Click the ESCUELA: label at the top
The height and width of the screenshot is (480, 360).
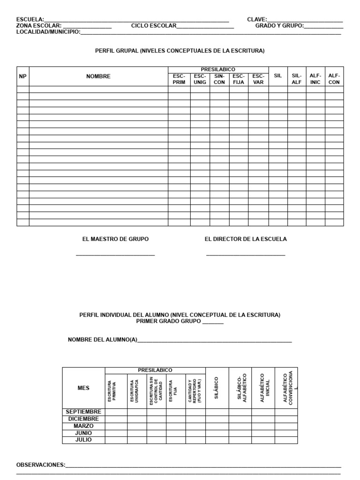point(30,20)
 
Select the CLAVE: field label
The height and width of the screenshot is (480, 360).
point(257,20)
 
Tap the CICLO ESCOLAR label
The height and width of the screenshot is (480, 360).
point(154,26)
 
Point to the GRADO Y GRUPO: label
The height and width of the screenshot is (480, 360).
point(279,26)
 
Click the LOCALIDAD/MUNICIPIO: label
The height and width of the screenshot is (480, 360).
point(48,32)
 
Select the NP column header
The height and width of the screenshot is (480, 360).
point(22,76)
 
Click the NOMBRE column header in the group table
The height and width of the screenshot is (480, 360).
point(98,76)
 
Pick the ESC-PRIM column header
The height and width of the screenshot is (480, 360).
point(179,79)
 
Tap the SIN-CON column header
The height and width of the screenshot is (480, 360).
point(219,79)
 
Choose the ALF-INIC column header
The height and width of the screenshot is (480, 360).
point(315,79)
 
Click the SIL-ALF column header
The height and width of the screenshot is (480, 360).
point(296,79)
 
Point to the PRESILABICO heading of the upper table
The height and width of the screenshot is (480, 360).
point(218,69)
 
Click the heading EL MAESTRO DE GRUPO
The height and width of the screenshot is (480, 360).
point(115,239)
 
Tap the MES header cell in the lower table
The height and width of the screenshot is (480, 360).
point(83,388)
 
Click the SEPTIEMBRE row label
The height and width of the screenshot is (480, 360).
point(83,412)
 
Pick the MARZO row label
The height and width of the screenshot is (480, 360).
point(83,426)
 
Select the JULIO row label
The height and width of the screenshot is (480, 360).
point(83,440)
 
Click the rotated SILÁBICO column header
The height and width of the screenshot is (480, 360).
point(216,388)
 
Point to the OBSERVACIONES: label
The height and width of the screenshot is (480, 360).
point(41,465)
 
